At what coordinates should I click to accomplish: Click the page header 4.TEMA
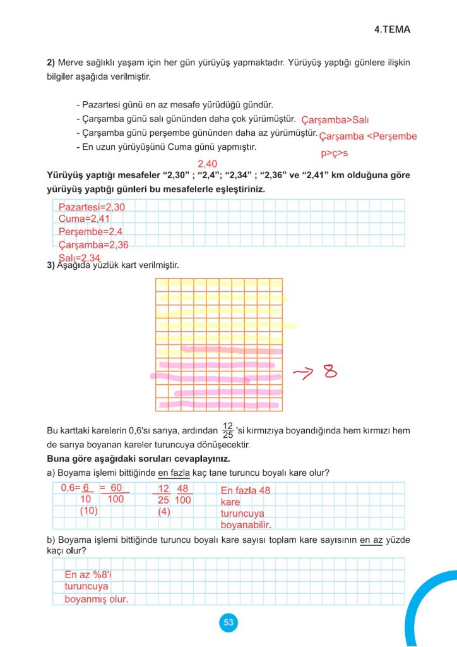point(392,30)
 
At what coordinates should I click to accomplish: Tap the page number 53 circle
point(228,623)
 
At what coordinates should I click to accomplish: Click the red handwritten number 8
point(330,372)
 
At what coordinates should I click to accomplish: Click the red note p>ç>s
point(335,153)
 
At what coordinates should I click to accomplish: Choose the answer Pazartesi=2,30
point(92,207)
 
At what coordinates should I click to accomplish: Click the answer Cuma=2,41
point(80,219)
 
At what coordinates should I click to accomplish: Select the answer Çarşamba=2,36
point(93,245)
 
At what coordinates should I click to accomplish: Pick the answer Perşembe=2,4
point(86,232)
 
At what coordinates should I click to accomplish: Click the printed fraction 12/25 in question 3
point(228,431)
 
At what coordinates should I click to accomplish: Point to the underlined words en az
point(371,540)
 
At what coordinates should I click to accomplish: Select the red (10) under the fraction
point(88,511)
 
